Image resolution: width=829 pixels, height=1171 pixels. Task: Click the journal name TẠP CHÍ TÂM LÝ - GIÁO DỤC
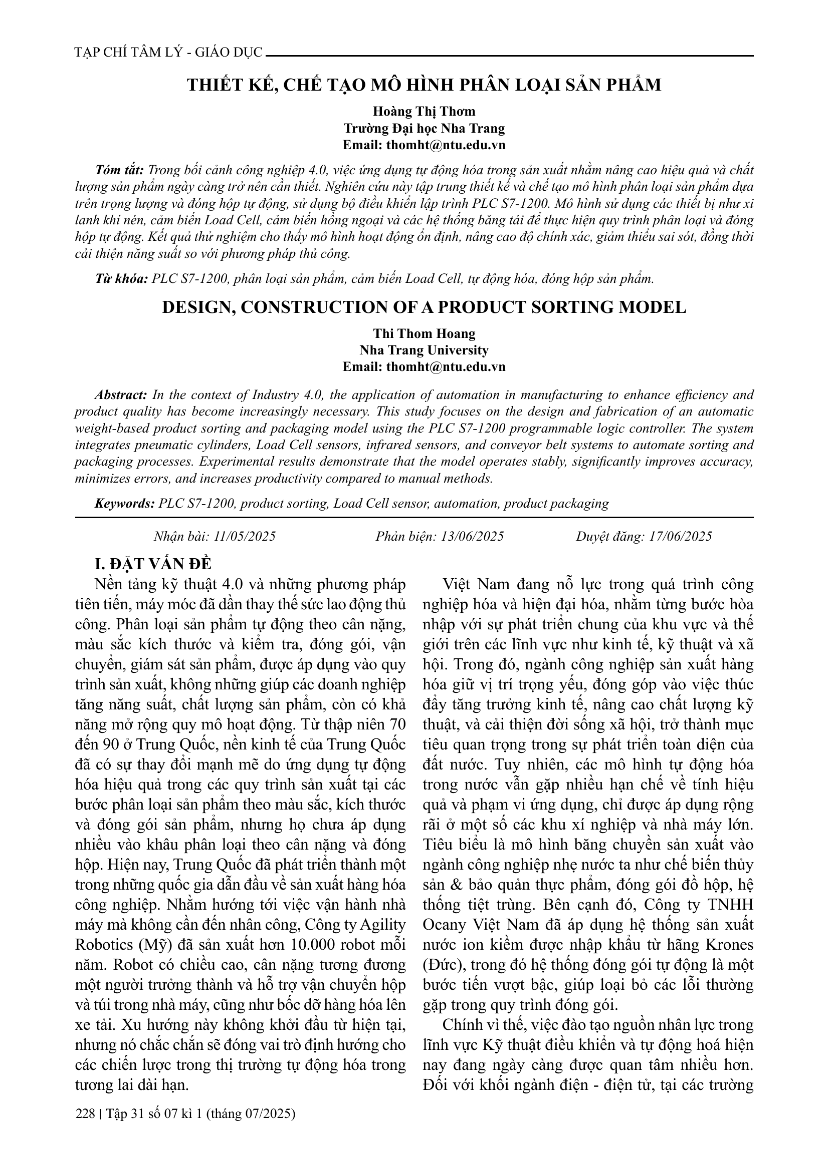point(168,53)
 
